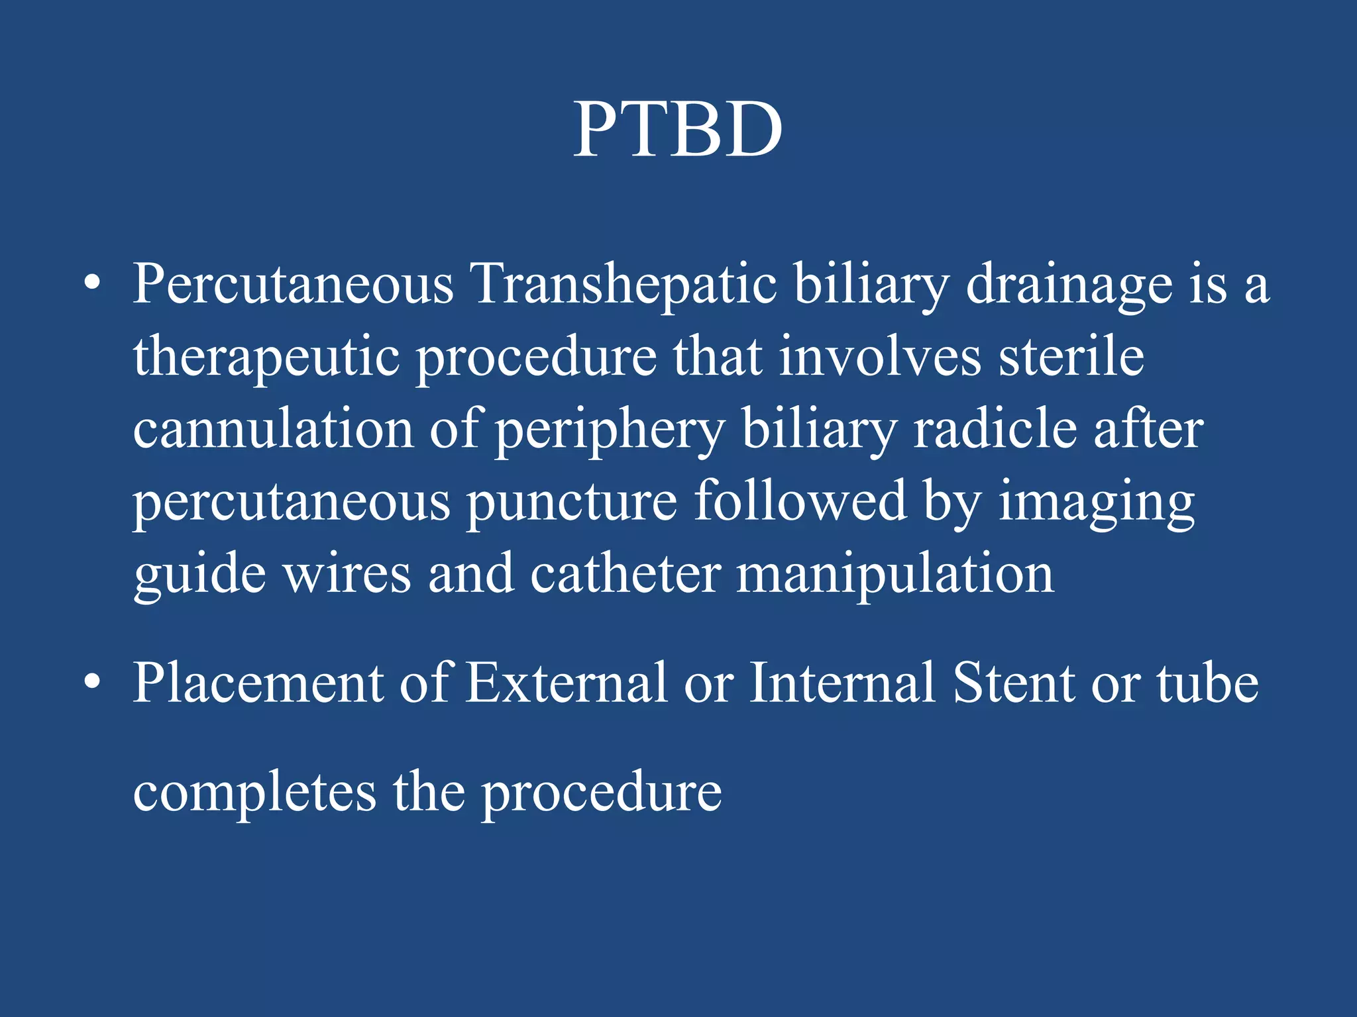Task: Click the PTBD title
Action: (x=678, y=130)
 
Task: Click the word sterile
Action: (x=1071, y=356)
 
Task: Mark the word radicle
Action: (x=995, y=429)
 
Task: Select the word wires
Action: (x=347, y=573)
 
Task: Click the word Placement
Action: (x=258, y=683)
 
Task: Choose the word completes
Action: (x=254, y=793)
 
